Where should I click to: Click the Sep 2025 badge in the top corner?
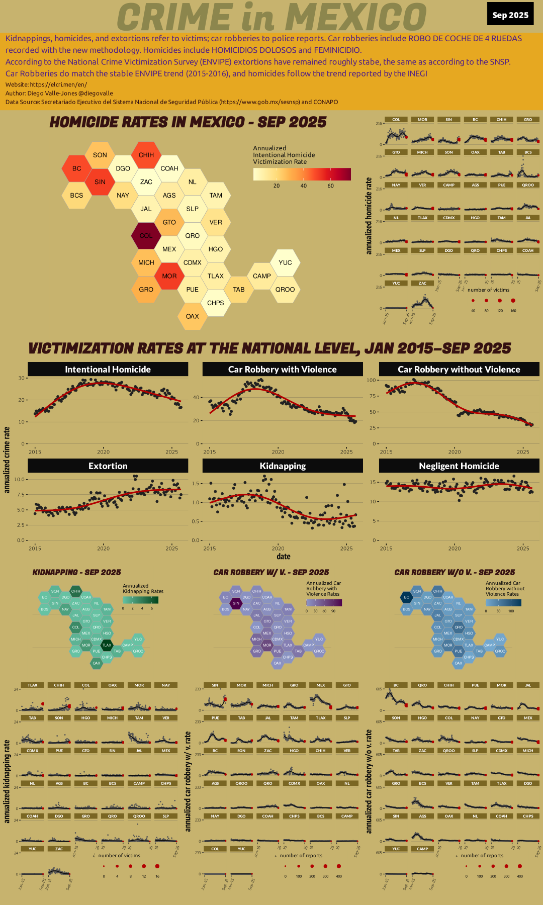510,15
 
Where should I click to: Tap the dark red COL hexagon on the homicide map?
146,235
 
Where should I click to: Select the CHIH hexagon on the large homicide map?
146,155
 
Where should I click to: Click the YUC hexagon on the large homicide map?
285,262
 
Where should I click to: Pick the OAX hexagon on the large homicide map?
192,316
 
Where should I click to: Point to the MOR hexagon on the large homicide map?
169,276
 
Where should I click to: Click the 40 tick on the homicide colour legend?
304,186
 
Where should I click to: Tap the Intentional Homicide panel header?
108,369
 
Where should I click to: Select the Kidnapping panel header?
283,466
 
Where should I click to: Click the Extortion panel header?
108,466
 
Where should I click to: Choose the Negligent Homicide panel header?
459,466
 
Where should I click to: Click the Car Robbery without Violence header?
459,369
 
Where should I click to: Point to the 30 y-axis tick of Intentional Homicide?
22,378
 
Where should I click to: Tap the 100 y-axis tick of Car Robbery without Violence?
372,380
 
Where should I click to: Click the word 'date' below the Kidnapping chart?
284,557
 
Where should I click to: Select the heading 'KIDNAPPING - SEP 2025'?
76,572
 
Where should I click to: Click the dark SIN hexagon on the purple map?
236,603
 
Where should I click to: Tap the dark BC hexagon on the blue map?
406,597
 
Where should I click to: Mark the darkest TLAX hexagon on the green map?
107,645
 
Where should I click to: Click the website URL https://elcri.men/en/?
58,84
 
